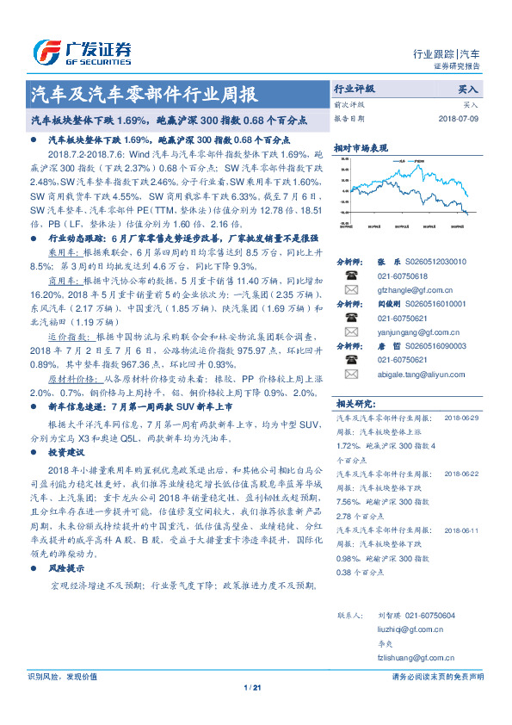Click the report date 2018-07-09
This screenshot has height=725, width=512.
point(463,118)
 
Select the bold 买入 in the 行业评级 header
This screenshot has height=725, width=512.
point(469,89)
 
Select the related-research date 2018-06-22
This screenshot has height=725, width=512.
point(461,474)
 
